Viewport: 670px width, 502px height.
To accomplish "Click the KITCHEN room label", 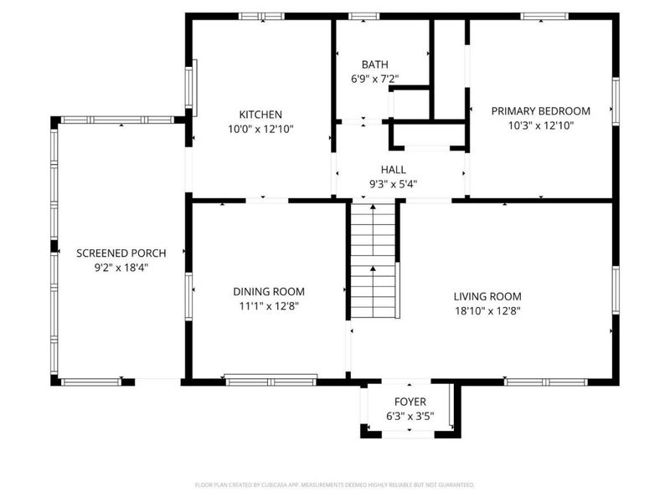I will [260, 115].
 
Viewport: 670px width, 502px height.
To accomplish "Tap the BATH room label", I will [374, 64].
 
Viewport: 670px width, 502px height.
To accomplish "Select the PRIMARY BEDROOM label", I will [540, 110].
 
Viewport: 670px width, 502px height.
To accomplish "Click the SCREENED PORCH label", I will [121, 253].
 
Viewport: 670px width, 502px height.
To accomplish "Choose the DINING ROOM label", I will [268, 291].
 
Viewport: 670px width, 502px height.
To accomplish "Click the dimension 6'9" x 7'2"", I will [374, 79].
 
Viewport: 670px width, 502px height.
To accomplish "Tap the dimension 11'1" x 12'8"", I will [268, 305].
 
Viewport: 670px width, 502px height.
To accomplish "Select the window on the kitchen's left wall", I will [192, 88].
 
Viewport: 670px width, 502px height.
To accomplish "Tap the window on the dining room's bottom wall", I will [271, 380].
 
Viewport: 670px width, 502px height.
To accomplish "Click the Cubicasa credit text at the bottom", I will [335, 484].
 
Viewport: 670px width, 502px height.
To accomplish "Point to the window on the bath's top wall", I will [363, 15].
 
